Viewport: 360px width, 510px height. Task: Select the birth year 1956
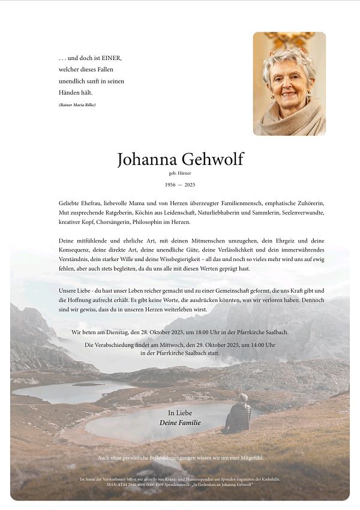pos(170,185)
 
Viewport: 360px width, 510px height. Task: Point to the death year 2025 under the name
pos(190,185)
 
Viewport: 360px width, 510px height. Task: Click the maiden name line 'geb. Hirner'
pos(180,173)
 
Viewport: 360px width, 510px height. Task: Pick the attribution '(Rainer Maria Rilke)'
pos(77,105)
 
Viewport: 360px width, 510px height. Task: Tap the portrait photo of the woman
pos(289,83)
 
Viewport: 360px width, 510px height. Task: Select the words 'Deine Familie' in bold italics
pos(180,423)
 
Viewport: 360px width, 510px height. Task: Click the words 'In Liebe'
pos(180,413)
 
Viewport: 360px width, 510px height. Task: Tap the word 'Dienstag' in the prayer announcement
pos(114,332)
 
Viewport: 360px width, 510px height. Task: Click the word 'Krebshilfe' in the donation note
pos(269,479)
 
